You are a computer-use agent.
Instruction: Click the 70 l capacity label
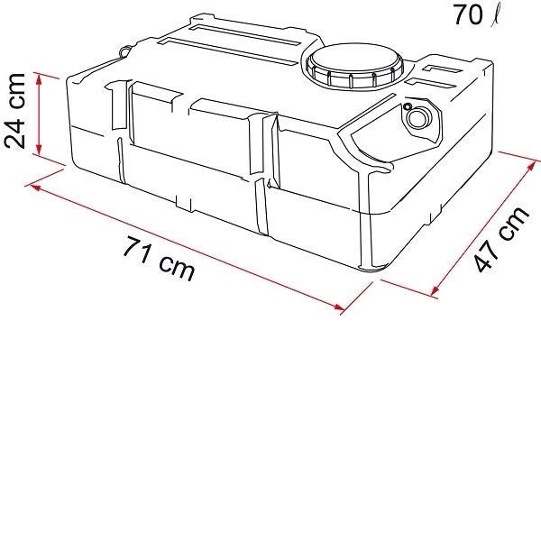click(x=476, y=14)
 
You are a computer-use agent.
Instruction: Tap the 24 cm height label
click(x=14, y=111)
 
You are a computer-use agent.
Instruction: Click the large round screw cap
click(x=355, y=67)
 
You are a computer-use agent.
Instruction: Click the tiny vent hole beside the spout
click(x=408, y=106)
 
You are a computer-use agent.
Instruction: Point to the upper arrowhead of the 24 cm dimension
click(x=39, y=78)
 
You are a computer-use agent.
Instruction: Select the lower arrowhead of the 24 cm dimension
click(x=39, y=149)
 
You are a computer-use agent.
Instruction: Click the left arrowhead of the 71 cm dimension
click(x=35, y=188)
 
